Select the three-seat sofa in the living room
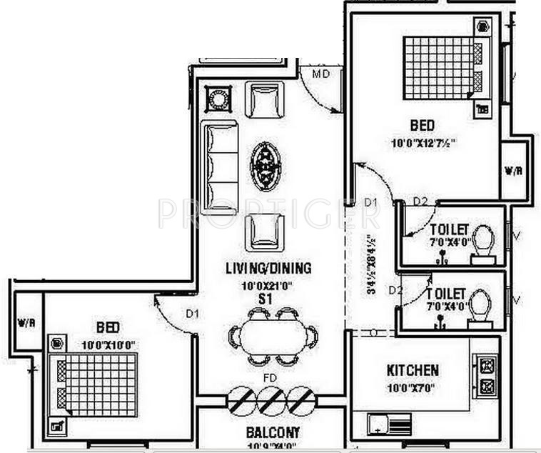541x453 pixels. [218, 168]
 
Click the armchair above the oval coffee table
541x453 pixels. [264, 99]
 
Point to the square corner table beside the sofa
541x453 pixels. [218, 99]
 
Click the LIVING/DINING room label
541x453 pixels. [268, 269]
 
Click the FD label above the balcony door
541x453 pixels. [270, 377]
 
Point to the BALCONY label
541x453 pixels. [273, 433]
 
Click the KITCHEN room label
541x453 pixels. [413, 370]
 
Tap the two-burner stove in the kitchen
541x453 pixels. [487, 375]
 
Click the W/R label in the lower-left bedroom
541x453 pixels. [27, 323]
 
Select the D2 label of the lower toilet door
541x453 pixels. [395, 289]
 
